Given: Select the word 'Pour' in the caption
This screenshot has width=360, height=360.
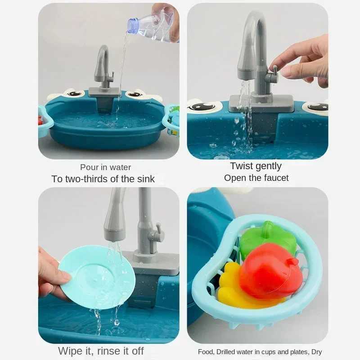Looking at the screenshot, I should [90, 167].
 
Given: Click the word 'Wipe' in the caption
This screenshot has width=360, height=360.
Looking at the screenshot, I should [71, 351].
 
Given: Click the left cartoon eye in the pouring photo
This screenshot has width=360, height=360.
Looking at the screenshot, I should [74, 94].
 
